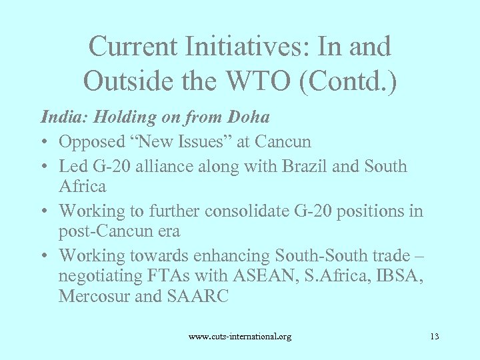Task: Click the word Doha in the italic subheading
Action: coord(249,117)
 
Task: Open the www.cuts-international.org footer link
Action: coord(240,337)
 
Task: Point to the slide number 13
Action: coord(434,337)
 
